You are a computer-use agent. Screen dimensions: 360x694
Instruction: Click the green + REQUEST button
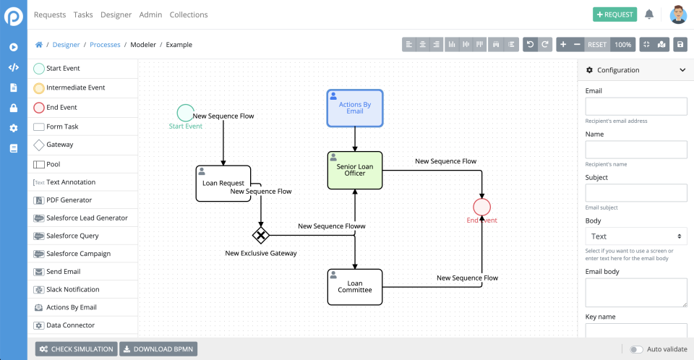click(x=614, y=14)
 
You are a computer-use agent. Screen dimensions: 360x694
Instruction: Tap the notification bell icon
click(x=649, y=14)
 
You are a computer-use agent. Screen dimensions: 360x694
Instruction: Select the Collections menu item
click(x=189, y=14)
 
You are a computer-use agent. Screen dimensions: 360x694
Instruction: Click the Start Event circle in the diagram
click(x=186, y=113)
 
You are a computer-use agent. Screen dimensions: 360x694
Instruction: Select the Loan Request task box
click(x=223, y=184)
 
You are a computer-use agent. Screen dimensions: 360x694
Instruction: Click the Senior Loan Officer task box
click(x=355, y=171)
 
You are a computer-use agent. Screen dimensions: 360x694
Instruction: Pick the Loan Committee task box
click(x=355, y=287)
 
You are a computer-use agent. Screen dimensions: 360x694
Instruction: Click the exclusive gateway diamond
click(x=260, y=235)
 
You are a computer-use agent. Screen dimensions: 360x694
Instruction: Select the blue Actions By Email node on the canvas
click(x=355, y=108)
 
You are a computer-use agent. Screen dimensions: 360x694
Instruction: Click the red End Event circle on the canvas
click(x=482, y=207)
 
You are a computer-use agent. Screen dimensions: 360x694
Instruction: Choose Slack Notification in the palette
click(x=72, y=290)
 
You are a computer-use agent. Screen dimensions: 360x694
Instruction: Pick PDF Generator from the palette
click(x=69, y=200)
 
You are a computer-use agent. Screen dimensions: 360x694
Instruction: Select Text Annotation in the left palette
click(x=70, y=182)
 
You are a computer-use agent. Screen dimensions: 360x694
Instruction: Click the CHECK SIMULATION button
click(x=76, y=349)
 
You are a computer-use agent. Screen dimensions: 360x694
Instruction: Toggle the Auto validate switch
click(x=636, y=349)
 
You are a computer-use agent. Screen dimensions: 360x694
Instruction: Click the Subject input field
click(x=635, y=193)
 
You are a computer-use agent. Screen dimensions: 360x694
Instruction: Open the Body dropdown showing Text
click(x=635, y=236)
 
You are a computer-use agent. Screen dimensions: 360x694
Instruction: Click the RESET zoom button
click(x=597, y=45)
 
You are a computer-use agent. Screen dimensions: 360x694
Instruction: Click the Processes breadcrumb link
click(x=106, y=45)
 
